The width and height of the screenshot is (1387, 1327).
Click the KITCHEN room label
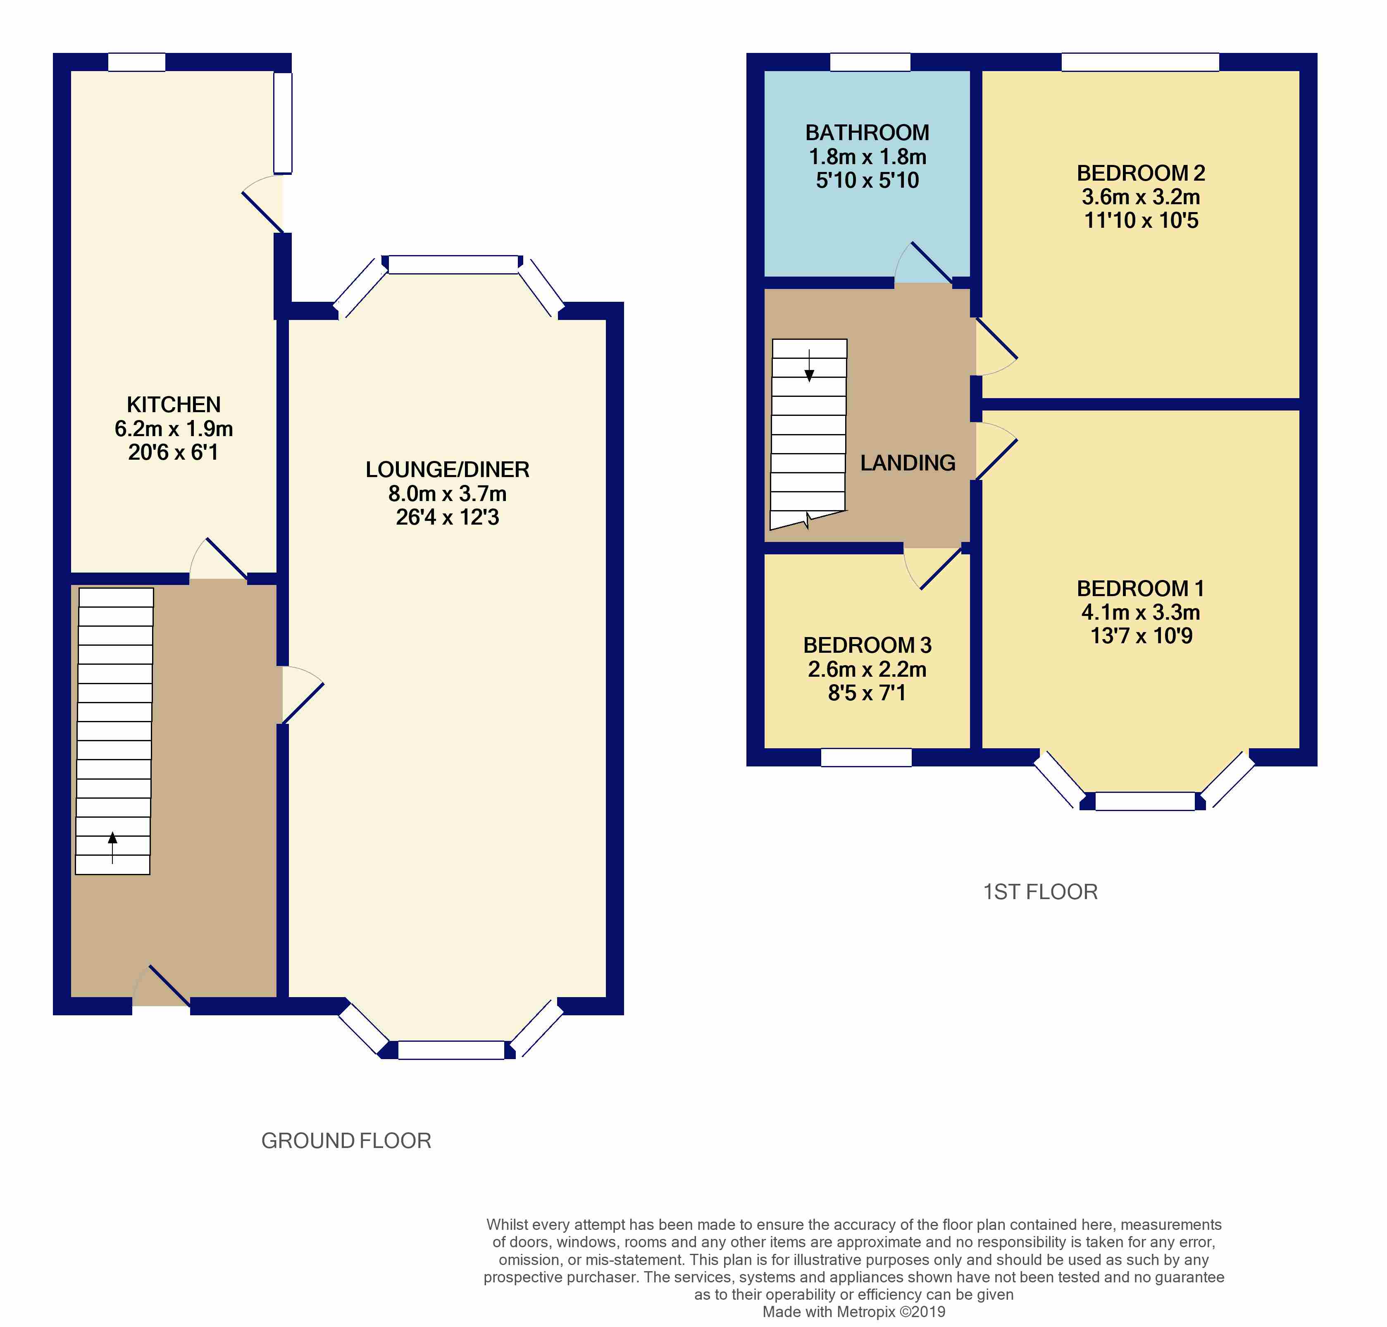(173, 405)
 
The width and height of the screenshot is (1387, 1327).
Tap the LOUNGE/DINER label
(447, 470)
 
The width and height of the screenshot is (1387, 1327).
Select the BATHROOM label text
(867, 133)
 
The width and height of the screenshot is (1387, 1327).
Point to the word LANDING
(908, 463)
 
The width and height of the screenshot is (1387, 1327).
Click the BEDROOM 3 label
(867, 645)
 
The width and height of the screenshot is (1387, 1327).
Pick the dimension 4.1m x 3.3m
(1140, 613)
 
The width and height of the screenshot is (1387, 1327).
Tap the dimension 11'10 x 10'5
(1141, 221)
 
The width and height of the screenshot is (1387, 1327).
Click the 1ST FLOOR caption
(1040, 892)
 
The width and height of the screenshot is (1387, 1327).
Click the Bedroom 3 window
(866, 758)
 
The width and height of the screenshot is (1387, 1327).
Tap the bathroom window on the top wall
(869, 62)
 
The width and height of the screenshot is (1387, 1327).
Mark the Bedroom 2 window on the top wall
(1140, 62)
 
